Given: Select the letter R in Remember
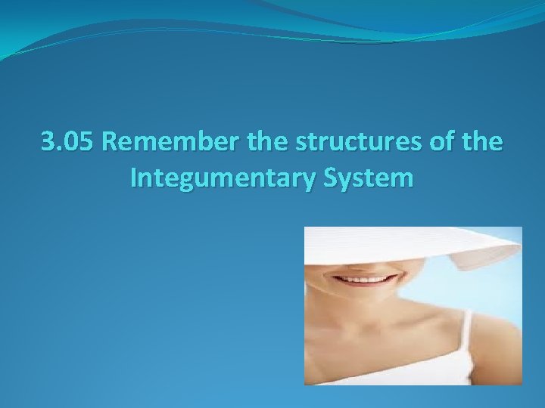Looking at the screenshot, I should [108, 141].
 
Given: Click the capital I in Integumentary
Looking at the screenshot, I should [134, 179].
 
